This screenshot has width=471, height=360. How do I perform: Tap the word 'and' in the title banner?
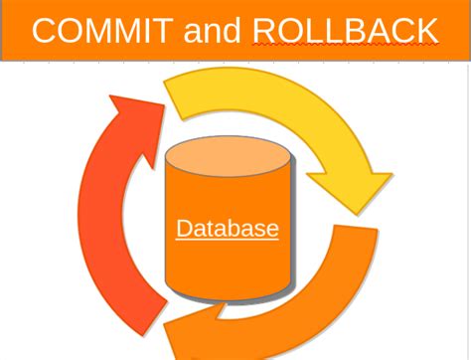pos(212,31)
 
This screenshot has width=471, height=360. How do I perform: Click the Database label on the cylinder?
pos(228,229)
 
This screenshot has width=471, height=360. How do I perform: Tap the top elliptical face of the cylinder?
pos(228,156)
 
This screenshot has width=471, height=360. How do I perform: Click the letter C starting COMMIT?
pos(45,30)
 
